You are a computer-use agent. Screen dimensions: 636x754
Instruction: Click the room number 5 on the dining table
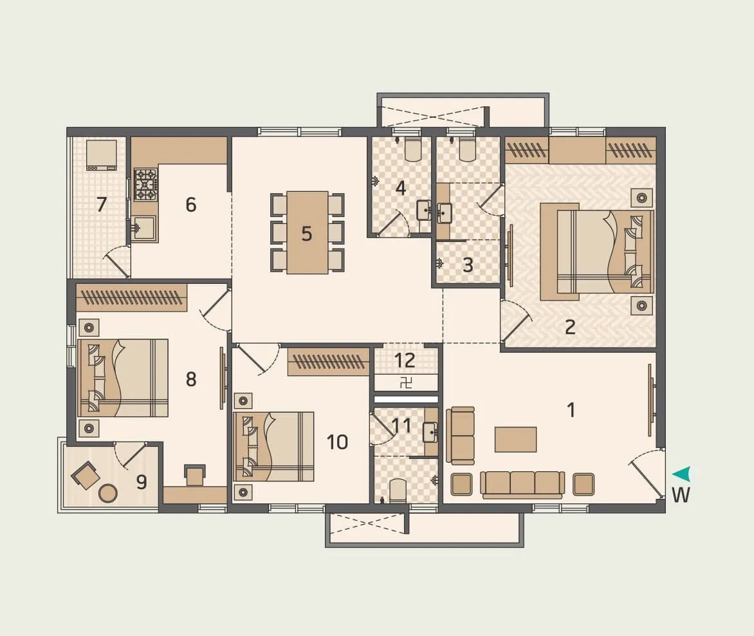[307, 234]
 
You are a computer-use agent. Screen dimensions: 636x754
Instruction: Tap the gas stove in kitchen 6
[145, 185]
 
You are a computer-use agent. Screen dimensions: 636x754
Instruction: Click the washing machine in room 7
[102, 155]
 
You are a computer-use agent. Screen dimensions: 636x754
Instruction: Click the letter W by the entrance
[681, 496]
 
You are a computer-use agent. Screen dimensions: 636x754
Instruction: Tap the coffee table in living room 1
[515, 440]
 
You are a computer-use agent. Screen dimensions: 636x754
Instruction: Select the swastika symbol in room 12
[406, 382]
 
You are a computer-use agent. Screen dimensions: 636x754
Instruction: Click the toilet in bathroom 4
[412, 149]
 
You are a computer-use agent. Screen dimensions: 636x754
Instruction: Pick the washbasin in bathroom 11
[430, 432]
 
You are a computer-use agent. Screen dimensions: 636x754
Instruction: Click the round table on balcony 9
[108, 493]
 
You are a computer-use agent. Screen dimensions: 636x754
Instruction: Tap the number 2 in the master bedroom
[570, 327]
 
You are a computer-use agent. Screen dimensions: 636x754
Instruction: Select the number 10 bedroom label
[337, 442]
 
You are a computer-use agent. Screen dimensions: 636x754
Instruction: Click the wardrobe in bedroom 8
[131, 297]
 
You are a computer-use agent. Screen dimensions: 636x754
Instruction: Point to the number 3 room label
[468, 265]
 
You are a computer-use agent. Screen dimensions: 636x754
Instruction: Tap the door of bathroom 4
[392, 224]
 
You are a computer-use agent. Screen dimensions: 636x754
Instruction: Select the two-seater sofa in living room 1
[462, 436]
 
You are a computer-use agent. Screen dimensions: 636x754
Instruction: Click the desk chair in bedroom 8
[195, 476]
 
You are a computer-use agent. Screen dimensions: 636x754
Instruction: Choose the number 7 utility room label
[101, 205]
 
